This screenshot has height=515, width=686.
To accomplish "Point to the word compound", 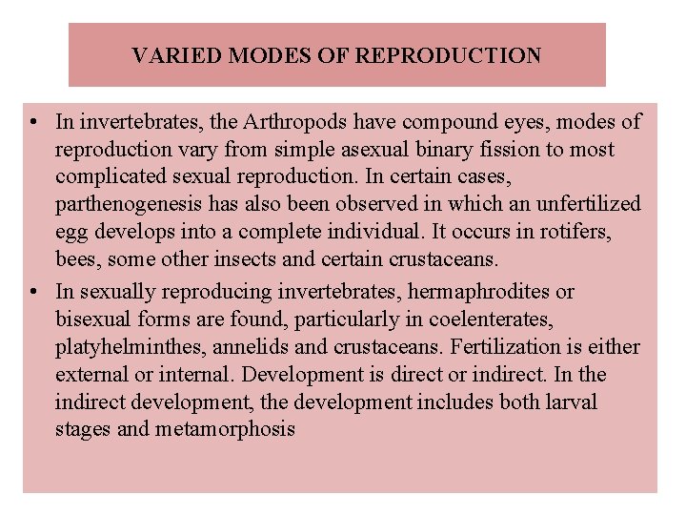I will (x=447, y=122).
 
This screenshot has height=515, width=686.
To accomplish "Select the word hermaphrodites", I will (x=496, y=291).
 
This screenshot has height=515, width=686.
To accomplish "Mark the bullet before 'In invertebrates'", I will (x=34, y=123).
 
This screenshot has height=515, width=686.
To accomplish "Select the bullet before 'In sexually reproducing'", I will (x=34, y=292).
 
